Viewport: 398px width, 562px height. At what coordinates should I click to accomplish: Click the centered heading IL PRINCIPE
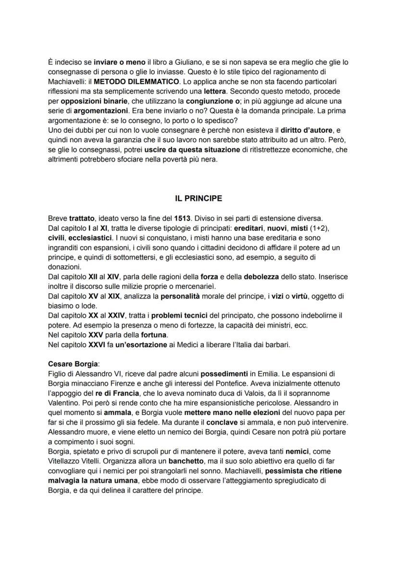[199, 198]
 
